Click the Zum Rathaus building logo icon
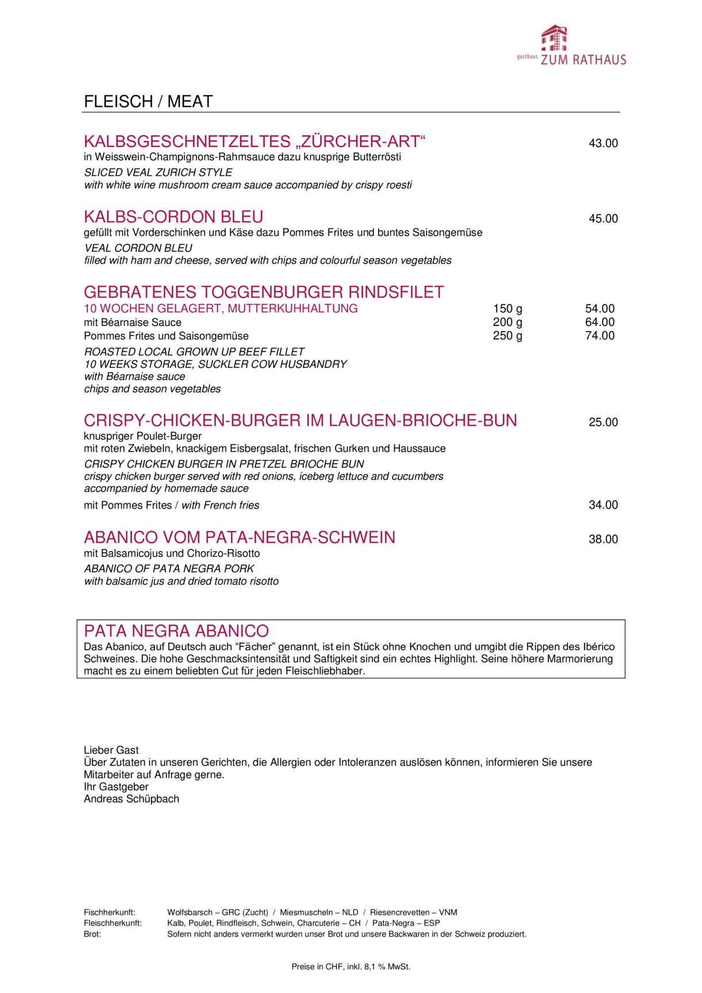(x=554, y=39)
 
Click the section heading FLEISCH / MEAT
(x=148, y=102)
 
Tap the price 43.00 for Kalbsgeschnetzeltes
(x=603, y=143)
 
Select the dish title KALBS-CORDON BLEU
(x=173, y=217)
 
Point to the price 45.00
(x=603, y=218)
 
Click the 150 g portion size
(x=507, y=309)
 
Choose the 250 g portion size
(x=507, y=336)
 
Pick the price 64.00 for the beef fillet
(x=600, y=322)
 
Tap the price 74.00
(x=600, y=336)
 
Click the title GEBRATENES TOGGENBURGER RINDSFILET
(x=264, y=292)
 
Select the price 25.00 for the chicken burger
(x=603, y=422)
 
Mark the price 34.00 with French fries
(x=603, y=505)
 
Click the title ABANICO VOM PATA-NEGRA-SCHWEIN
(x=240, y=538)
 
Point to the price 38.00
(x=603, y=540)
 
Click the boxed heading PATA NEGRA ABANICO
(x=176, y=631)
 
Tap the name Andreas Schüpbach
(x=132, y=799)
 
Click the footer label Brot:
(x=92, y=934)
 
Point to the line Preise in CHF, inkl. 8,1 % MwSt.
(x=350, y=967)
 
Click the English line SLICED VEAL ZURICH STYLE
(x=158, y=172)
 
